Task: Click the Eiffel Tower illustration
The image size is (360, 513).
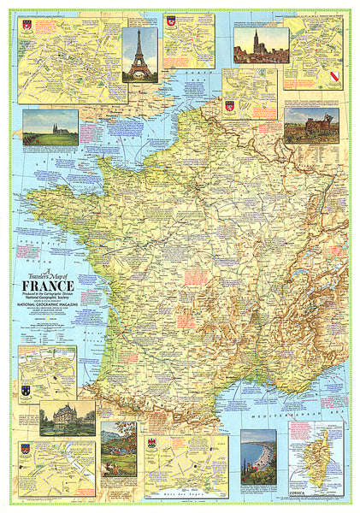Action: pos(139,53)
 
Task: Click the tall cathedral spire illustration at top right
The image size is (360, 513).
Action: pos(261,45)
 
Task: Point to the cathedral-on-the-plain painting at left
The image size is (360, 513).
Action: pos(50,127)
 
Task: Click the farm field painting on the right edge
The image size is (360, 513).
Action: pos(311,125)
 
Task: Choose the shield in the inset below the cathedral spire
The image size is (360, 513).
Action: pos(229,106)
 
